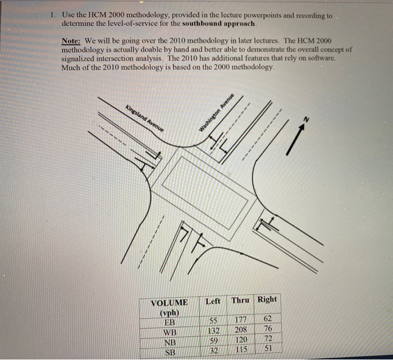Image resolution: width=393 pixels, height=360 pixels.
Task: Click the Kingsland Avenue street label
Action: pos(144,117)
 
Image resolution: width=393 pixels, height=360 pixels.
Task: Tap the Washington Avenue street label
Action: pos(215,112)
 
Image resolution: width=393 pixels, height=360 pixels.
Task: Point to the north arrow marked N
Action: pos(298,135)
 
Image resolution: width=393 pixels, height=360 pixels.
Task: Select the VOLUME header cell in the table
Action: pos(169,303)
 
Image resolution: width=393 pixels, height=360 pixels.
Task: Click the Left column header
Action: pos(213,301)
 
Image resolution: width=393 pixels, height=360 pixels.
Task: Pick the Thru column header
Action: pos(240,300)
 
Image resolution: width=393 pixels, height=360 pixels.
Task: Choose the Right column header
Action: pos(267,299)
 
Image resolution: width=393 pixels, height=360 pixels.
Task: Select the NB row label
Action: pos(169,342)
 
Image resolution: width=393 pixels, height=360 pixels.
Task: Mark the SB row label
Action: pos(169,352)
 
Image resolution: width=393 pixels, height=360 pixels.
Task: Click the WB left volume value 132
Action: pos(213,330)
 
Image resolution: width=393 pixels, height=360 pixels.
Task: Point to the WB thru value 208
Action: pos(241,330)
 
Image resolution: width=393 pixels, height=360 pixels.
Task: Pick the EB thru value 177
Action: pos(241,320)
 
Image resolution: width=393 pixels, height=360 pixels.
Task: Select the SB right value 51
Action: pos(268,348)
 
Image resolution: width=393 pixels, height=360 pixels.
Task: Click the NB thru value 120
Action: pos(241,339)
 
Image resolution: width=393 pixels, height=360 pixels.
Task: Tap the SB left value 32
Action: pos(213,350)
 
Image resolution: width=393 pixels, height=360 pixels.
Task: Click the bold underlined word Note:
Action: pos(72,42)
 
